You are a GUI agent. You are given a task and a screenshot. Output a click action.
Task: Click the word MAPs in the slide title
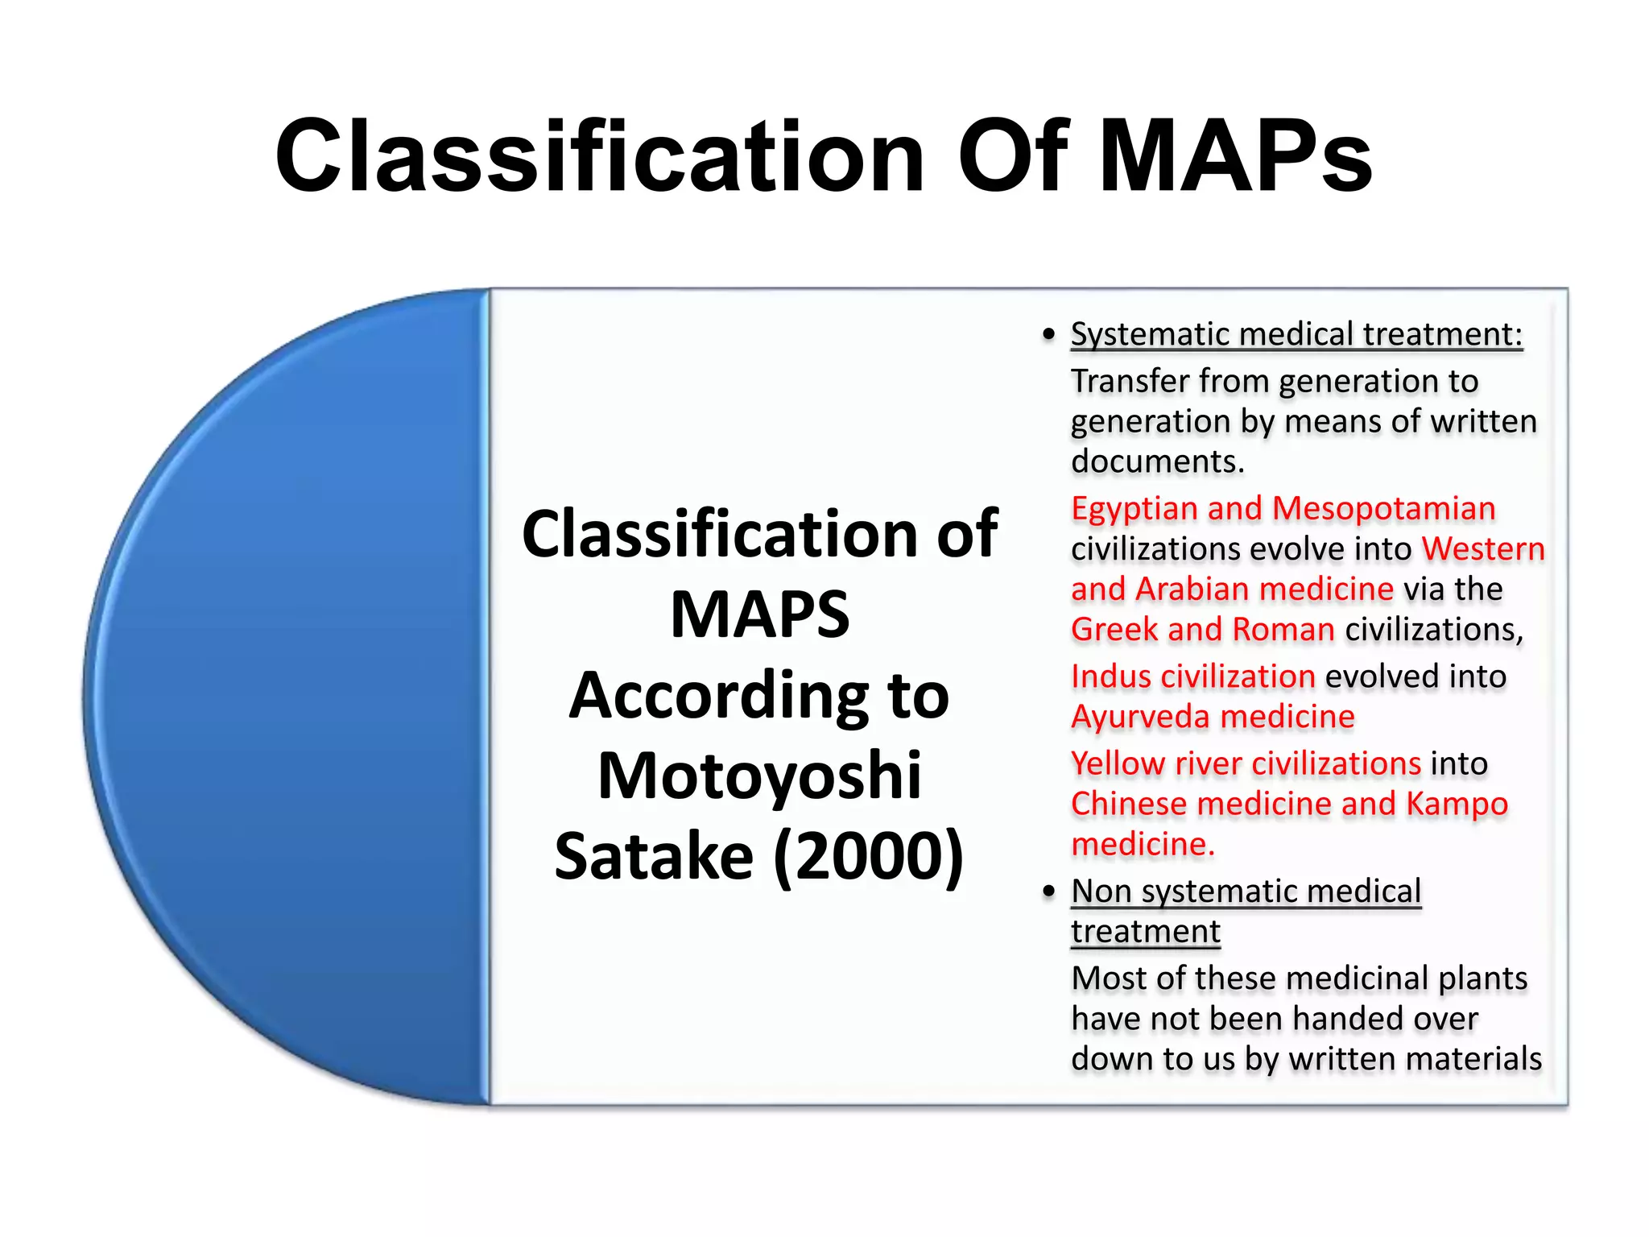[1236, 157]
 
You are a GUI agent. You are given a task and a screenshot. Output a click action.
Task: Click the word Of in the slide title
[1012, 157]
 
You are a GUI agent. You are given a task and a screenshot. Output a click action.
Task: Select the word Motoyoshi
[759, 776]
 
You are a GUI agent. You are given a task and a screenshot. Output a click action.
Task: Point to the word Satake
[654, 856]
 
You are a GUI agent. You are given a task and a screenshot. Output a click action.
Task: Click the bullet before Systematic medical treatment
[1048, 334]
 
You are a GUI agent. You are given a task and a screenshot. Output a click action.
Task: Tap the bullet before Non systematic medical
[1048, 892]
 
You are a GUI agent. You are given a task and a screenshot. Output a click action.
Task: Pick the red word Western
[1483, 549]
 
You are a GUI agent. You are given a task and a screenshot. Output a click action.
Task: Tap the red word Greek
[1114, 630]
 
